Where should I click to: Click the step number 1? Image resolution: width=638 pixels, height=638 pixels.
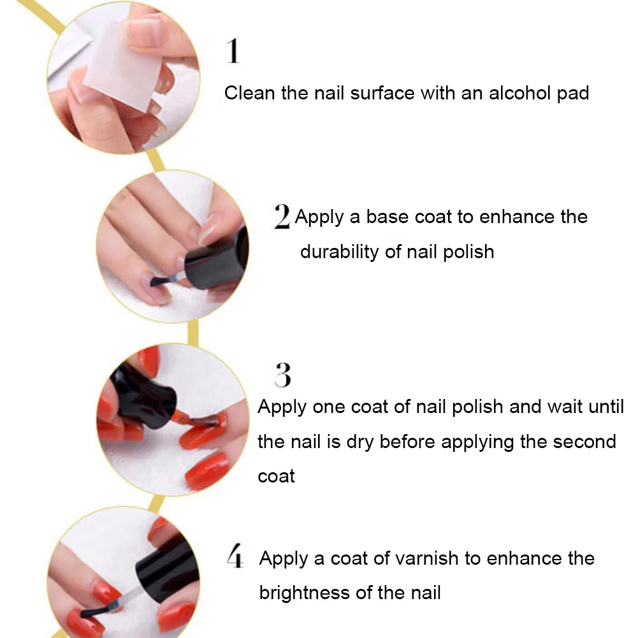[x=233, y=51]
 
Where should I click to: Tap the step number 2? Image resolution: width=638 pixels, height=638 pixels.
[x=282, y=216]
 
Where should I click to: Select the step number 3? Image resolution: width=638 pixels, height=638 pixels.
[x=283, y=375]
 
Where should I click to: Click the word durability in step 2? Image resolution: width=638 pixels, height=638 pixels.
[x=339, y=252]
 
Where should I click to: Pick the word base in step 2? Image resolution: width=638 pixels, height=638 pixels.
[x=387, y=217]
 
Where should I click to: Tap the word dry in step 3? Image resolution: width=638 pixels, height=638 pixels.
[x=359, y=442]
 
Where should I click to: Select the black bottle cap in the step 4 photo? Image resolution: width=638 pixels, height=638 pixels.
[x=167, y=570]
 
